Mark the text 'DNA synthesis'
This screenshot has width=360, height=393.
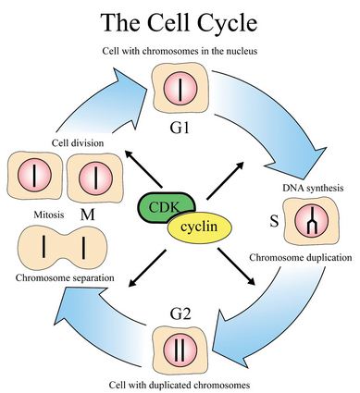click(x=312, y=188)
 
